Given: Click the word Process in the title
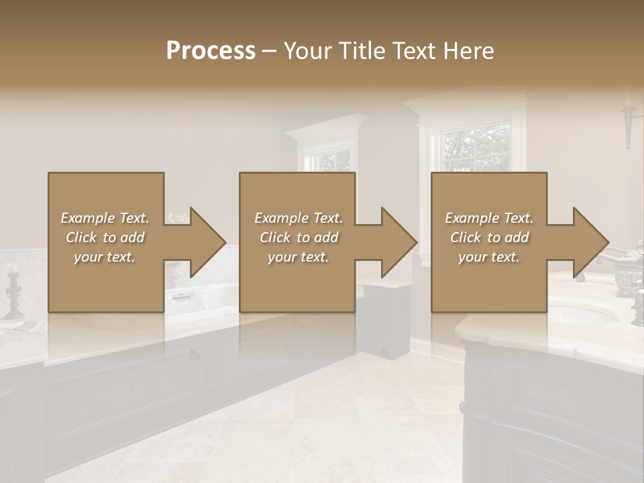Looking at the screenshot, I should coord(211,51).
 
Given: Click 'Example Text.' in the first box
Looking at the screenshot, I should coord(105,218).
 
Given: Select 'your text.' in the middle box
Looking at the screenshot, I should coord(298,257).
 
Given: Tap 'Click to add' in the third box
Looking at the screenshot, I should coord(489,237).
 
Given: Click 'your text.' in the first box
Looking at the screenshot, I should coord(105,257).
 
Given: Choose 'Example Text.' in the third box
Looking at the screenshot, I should coord(489,218).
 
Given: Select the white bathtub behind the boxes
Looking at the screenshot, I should coord(201,295).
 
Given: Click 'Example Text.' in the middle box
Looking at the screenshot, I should coord(298,218).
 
